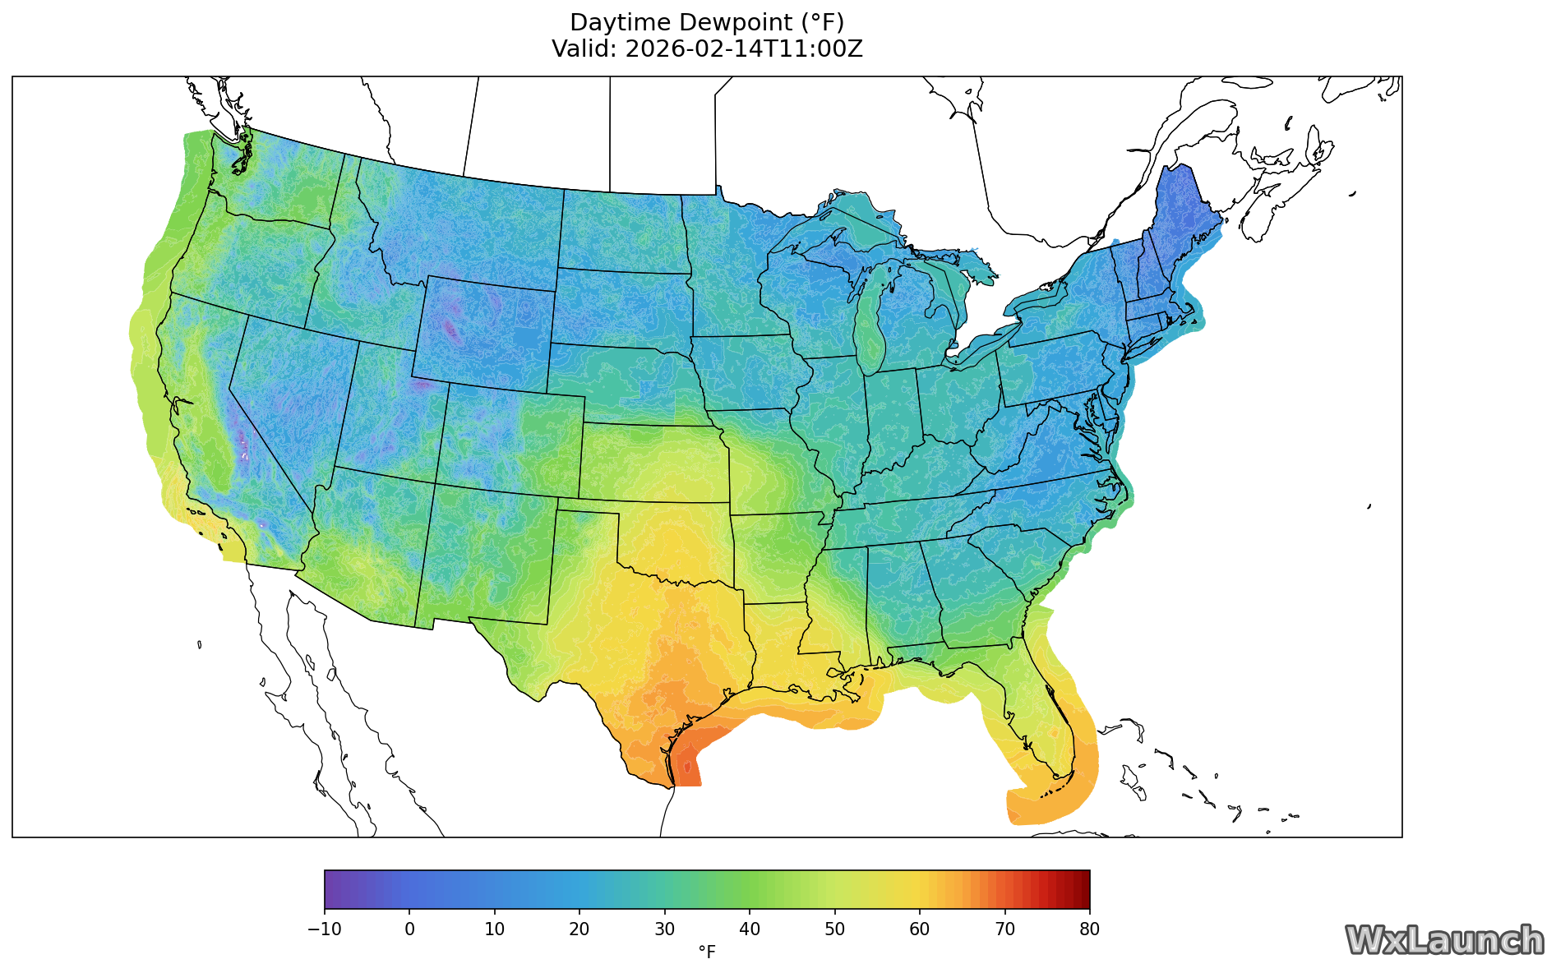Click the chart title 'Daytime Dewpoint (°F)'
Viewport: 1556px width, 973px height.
tap(707, 22)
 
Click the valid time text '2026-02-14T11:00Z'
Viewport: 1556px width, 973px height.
tap(744, 49)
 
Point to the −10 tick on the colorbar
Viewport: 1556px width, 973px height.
tap(325, 929)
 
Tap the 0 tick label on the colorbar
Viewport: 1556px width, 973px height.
tap(409, 929)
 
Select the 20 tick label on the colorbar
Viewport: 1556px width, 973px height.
tap(579, 929)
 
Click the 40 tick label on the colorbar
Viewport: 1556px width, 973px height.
tap(750, 929)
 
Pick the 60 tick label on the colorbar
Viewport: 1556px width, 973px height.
tap(920, 929)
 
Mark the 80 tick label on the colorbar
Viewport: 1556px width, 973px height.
tap(1090, 929)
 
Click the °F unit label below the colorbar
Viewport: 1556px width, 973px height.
tap(707, 952)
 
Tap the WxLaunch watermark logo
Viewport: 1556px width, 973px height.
tap(1444, 940)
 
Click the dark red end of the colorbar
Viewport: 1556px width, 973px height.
tap(1081, 889)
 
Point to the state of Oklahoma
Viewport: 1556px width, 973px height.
tap(674, 542)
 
